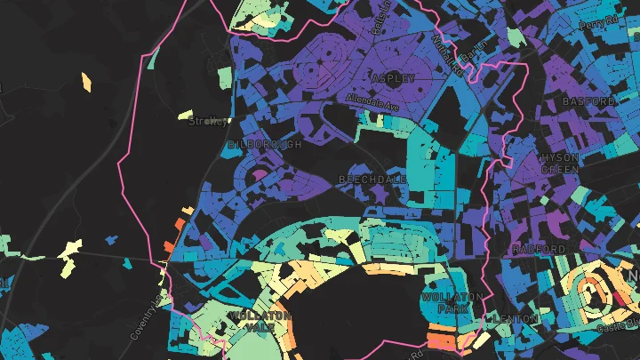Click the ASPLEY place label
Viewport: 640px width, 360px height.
tap(393, 78)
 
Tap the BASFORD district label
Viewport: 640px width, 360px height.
tap(588, 102)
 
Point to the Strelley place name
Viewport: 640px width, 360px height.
tap(208, 123)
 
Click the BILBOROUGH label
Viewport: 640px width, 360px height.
tap(265, 144)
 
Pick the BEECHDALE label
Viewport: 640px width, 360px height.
tap(372, 180)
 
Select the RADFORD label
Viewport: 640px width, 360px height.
tap(538, 248)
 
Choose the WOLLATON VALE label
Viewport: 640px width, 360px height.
tap(260, 322)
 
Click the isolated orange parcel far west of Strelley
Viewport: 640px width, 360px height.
tap(87, 82)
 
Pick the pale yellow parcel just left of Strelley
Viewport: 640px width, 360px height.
tap(185, 116)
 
